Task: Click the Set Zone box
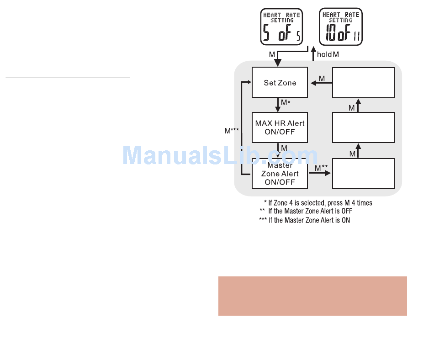click(x=280, y=83)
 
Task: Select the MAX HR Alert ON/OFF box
click(x=280, y=127)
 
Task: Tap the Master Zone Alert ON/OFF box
click(x=280, y=174)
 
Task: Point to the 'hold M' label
click(x=328, y=54)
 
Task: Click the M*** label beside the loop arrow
click(x=231, y=131)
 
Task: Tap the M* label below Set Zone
click(x=286, y=103)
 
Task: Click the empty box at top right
click(x=363, y=83)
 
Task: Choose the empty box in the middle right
click(x=363, y=127)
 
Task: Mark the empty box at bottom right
click(x=363, y=174)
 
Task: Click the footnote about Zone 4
click(x=318, y=203)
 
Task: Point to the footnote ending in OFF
click(x=306, y=211)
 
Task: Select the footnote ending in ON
click(x=305, y=220)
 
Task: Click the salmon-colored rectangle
click(x=312, y=296)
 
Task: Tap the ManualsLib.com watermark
click(x=219, y=155)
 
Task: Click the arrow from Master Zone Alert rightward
click(x=320, y=174)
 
